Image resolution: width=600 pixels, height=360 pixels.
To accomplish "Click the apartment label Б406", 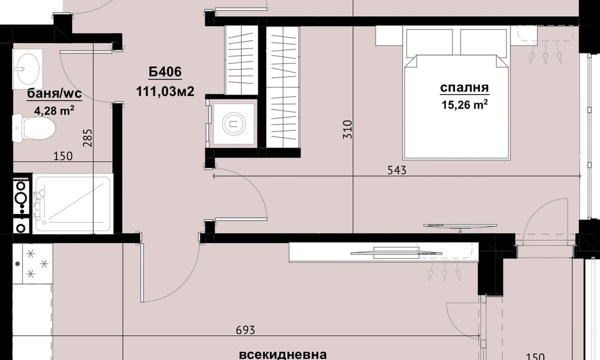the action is point(165,72).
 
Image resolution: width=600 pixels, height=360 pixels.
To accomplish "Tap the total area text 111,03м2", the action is point(165,91).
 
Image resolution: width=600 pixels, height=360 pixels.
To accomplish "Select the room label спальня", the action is point(464,87).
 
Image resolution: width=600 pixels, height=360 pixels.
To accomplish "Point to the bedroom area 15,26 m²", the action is point(464,104).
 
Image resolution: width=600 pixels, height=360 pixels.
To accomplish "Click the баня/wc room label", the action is point(54,94).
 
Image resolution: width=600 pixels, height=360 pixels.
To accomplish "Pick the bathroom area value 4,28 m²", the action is point(54,110).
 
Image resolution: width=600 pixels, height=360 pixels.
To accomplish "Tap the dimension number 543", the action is point(397,170).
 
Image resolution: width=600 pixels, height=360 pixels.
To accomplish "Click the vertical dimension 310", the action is point(347,129).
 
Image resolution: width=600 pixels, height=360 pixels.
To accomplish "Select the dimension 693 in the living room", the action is point(245,330).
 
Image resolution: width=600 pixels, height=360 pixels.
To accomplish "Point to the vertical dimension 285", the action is point(88,138).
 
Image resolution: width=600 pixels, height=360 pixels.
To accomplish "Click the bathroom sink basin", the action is point(28,69).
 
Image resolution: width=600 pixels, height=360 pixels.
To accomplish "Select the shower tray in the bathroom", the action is point(72,203).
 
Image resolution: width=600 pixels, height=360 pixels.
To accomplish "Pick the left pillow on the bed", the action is point(429,42).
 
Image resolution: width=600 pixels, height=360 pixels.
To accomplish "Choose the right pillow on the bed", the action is point(483,42).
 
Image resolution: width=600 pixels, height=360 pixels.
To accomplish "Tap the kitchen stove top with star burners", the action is point(32,263).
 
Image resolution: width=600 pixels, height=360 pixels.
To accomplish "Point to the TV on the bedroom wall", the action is point(460,227).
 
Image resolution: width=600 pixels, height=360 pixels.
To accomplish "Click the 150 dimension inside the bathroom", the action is point(63,156).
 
